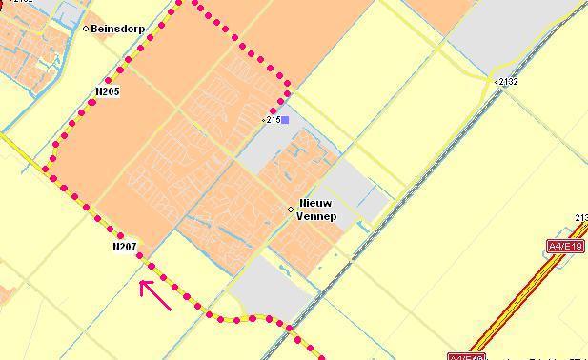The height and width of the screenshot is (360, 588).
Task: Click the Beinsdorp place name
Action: [x=118, y=29]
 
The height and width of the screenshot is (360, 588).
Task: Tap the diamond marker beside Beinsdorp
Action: [x=86, y=29]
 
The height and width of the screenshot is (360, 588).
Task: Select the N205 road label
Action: [x=108, y=91]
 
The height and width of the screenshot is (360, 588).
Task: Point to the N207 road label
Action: [x=124, y=247]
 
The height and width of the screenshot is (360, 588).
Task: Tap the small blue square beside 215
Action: [x=284, y=120]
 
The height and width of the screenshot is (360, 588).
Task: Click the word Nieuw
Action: [x=316, y=204]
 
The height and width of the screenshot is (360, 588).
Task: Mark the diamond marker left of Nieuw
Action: [x=292, y=210]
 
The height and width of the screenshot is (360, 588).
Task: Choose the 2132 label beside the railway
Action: [x=508, y=82]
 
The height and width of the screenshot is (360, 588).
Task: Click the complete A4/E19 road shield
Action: [x=564, y=246]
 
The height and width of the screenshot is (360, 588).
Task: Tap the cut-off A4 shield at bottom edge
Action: [x=465, y=357]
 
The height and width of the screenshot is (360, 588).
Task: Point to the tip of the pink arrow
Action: [x=141, y=282]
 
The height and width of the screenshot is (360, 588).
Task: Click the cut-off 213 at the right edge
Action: [x=581, y=218]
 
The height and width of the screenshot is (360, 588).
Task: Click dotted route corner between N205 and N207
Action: [x=46, y=170]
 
